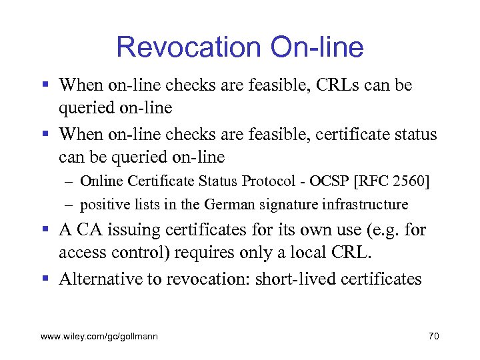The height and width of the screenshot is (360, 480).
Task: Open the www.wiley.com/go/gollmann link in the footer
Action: (x=99, y=337)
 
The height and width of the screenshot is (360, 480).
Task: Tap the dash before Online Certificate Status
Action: (x=69, y=181)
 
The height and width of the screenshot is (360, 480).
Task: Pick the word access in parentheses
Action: (x=80, y=253)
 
